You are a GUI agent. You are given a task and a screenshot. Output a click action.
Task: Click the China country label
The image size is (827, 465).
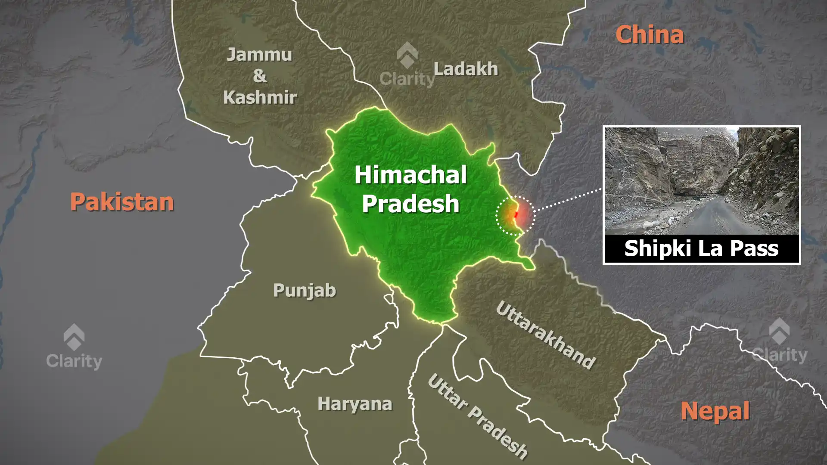tap(649, 34)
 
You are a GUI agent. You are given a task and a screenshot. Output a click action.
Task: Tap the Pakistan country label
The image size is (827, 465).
tap(122, 201)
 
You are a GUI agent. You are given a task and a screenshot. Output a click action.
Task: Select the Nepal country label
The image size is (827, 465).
tap(715, 411)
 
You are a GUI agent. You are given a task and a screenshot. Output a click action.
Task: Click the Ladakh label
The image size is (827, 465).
tap(466, 69)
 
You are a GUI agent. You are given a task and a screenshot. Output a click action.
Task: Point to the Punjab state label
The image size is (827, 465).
tap(305, 291)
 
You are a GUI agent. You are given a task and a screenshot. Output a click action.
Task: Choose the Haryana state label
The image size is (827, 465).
tap(355, 404)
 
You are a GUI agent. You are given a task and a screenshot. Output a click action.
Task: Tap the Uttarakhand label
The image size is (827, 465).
tap(546, 335)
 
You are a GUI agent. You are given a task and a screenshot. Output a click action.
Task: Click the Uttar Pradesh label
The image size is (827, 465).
tap(477, 416)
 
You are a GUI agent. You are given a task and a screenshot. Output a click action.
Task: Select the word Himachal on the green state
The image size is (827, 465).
tap(410, 175)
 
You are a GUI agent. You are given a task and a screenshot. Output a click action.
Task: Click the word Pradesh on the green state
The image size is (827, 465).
tap(410, 203)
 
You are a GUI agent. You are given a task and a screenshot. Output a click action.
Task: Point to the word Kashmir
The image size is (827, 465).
tap(260, 98)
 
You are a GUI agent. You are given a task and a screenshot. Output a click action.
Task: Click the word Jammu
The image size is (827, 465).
tap(259, 55)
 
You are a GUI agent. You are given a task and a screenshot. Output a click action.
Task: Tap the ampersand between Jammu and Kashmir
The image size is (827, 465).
tap(259, 76)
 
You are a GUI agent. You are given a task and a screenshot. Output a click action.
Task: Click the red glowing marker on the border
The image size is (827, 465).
tap(516, 214)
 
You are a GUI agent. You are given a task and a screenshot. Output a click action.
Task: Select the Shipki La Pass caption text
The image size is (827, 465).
tap(701, 248)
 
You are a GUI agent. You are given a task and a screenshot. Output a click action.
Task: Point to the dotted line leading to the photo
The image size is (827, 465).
tap(569, 199)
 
